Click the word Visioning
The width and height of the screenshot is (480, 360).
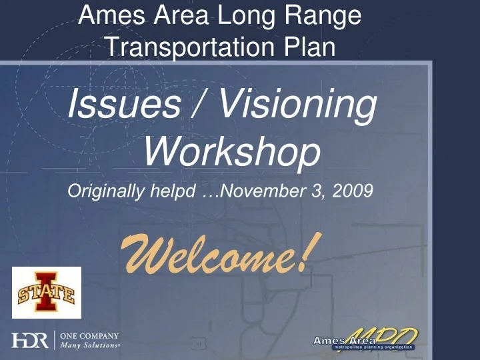click(297, 106)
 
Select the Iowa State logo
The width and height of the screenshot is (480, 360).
click(47, 292)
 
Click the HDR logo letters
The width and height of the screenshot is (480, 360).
click(30, 341)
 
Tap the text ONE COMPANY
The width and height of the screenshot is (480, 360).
click(89, 336)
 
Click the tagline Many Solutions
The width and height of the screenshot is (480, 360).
click(91, 345)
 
